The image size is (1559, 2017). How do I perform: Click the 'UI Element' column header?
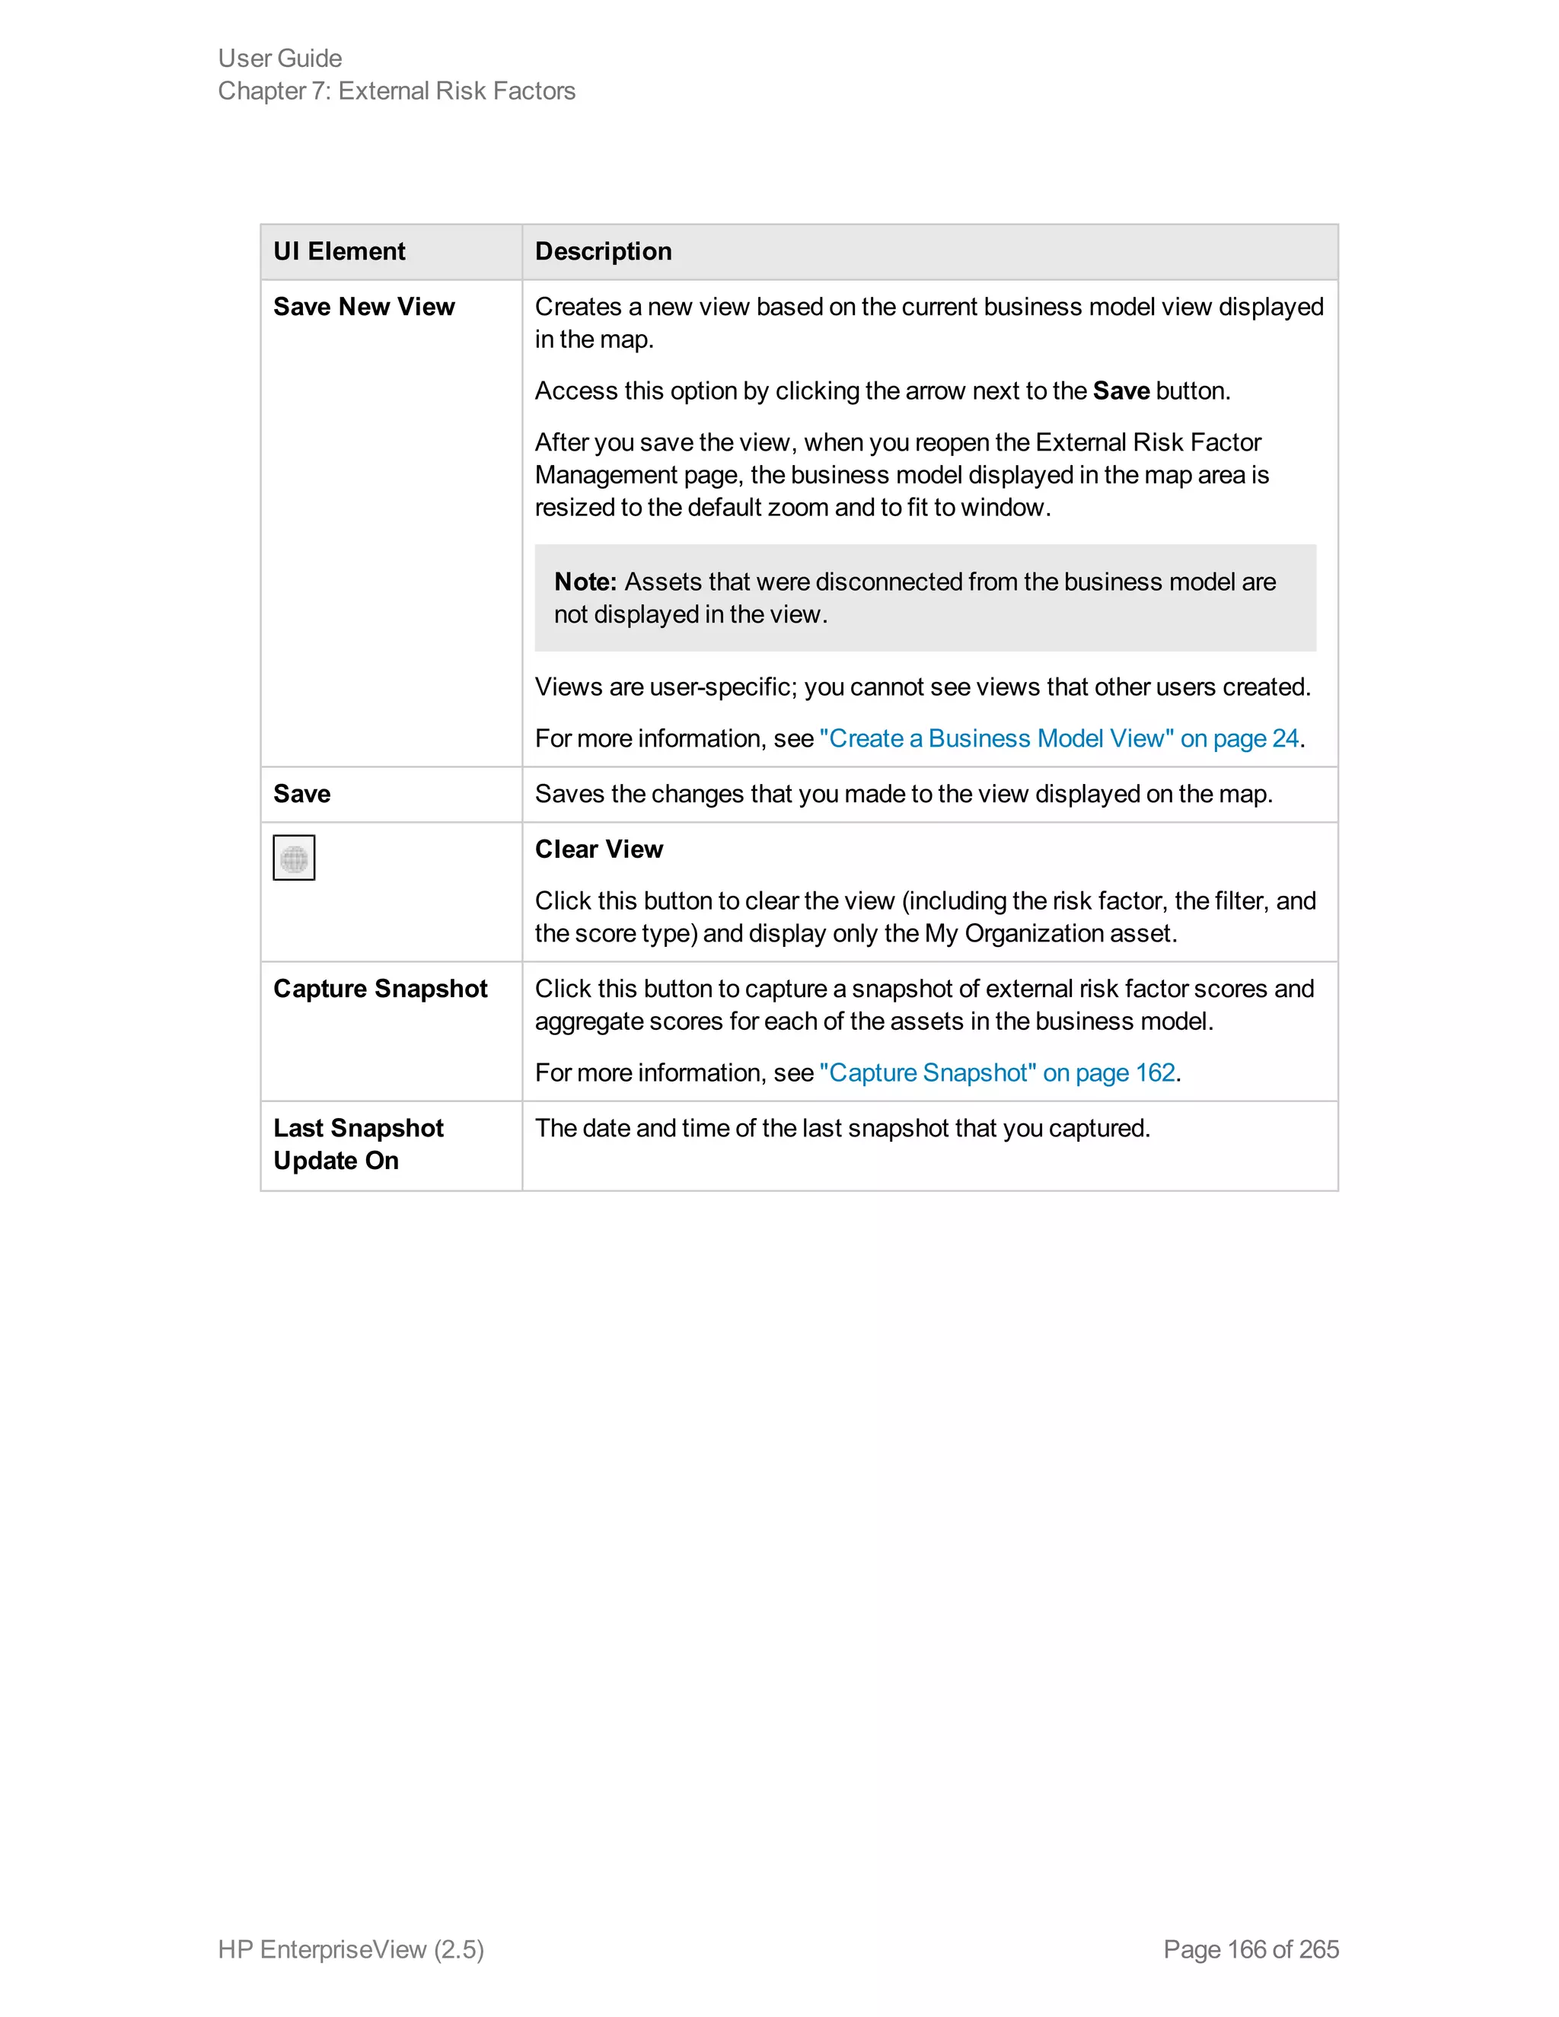[x=339, y=251]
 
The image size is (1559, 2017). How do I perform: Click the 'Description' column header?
[x=603, y=251]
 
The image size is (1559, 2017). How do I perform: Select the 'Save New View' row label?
[x=364, y=307]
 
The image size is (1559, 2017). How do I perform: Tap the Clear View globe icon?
[x=294, y=858]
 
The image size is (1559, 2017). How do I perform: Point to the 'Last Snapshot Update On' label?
[x=359, y=1143]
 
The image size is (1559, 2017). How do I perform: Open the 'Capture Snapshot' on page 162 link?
[x=996, y=1072]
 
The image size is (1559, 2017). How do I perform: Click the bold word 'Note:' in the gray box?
[x=585, y=582]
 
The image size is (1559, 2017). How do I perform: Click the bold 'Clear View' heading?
[x=598, y=849]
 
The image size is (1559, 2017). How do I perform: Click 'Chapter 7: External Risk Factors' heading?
[x=396, y=91]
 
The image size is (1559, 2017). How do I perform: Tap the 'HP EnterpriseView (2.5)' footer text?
[x=351, y=1948]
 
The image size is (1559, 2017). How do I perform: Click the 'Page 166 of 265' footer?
[x=1251, y=1948]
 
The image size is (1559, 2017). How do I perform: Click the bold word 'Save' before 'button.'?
[x=1121, y=390]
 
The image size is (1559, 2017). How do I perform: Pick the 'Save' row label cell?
[x=302, y=793]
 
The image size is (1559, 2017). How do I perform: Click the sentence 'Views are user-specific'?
[x=922, y=687]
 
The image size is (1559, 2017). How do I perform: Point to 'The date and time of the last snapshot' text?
[x=841, y=1128]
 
